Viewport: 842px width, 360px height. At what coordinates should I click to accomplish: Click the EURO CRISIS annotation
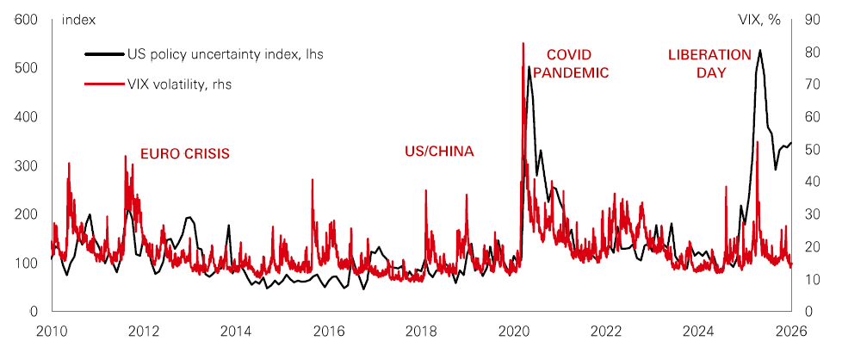(x=186, y=154)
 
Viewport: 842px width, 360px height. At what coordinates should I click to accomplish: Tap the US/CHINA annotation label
(x=439, y=152)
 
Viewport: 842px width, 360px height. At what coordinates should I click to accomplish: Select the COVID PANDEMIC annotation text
(x=570, y=64)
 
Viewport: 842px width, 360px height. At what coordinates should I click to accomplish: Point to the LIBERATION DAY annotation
(x=709, y=64)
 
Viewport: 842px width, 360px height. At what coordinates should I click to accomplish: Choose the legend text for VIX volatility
(x=179, y=84)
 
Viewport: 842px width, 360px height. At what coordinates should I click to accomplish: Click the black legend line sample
(x=103, y=54)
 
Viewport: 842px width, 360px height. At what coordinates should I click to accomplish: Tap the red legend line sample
(x=103, y=84)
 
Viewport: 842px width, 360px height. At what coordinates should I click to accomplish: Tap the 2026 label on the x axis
(x=791, y=331)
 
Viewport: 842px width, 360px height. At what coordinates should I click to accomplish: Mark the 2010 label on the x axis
(x=51, y=331)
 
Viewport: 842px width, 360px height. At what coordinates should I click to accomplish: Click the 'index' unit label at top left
(x=79, y=19)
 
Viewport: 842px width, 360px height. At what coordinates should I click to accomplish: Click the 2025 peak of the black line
(x=759, y=51)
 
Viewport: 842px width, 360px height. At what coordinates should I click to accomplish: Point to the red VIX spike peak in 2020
(x=523, y=43)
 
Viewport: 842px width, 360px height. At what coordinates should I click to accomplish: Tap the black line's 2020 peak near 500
(x=529, y=67)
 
